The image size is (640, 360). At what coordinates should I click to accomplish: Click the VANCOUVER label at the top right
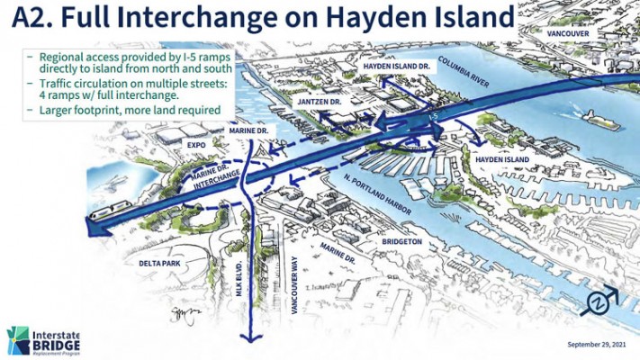coord(566,33)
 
